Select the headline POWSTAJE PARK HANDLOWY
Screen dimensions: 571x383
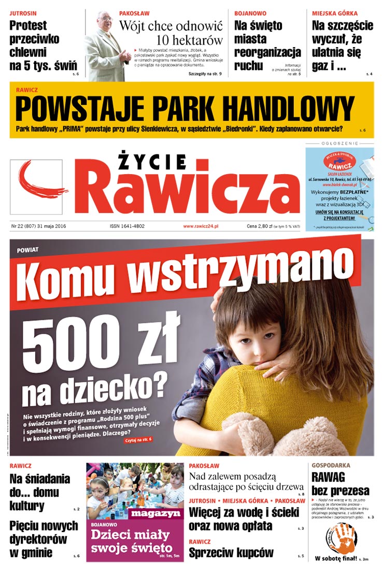coord(185,109)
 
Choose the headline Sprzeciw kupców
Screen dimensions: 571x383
coord(231,553)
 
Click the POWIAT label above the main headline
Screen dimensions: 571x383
coord(27,249)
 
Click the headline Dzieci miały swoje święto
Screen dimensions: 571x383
coord(131,540)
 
